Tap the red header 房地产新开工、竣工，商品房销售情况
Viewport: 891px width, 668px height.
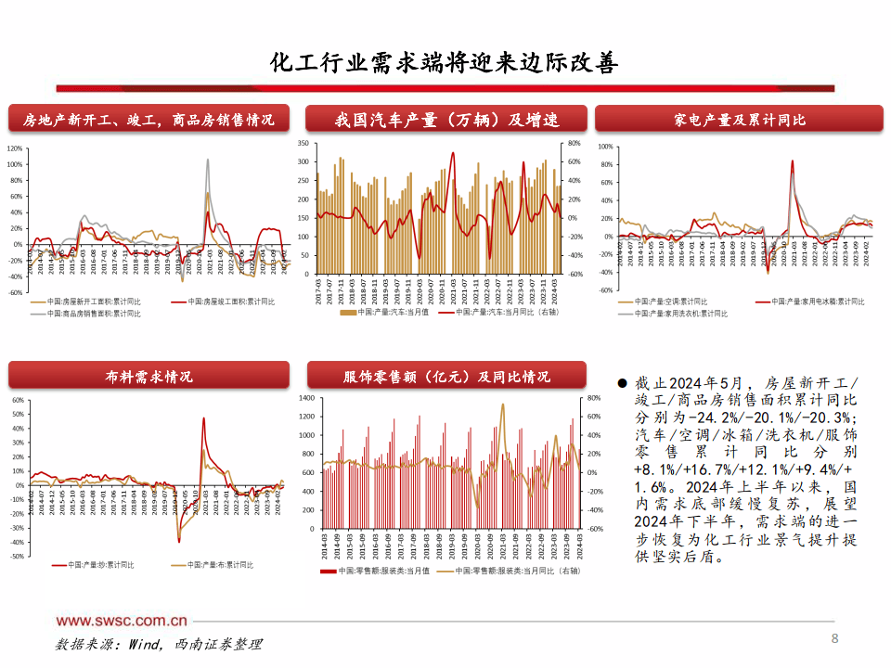click(x=148, y=120)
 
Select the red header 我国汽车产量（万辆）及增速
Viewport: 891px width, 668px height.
click(x=446, y=120)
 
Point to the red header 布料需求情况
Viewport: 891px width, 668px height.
click(x=148, y=376)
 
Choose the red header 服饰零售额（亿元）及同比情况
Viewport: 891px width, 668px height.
click(x=446, y=376)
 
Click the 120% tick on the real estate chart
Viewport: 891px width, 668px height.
click(x=15, y=148)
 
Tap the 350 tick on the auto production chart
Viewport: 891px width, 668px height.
click(x=303, y=145)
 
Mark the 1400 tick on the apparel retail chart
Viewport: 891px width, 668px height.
click(x=305, y=397)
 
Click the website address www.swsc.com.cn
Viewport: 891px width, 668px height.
click(x=122, y=621)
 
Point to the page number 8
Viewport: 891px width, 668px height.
click(x=834, y=638)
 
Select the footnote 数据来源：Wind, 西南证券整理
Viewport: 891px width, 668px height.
click(x=159, y=644)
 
